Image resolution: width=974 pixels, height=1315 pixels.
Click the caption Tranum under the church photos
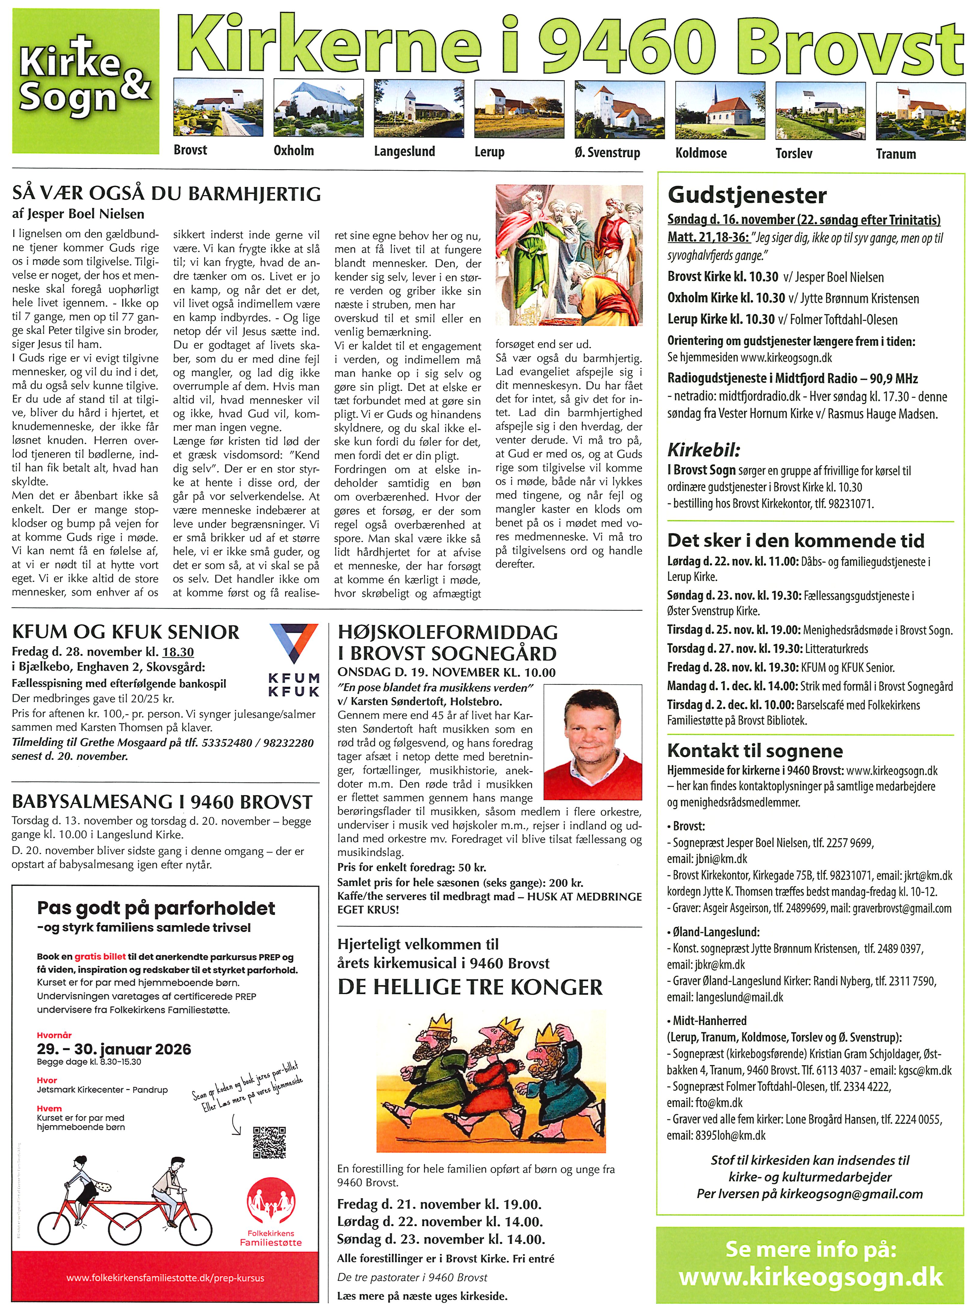[x=896, y=155]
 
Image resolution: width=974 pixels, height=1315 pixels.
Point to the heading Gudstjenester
[x=747, y=195]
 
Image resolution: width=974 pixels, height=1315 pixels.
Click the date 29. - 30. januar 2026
[x=114, y=1049]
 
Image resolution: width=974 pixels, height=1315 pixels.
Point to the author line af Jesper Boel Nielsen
[x=78, y=214]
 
